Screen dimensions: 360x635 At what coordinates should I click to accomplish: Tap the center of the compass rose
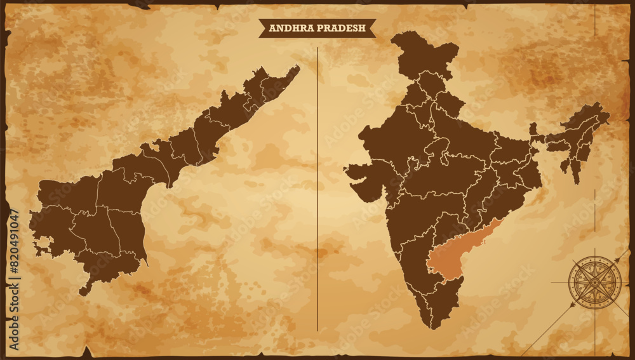(x=594, y=282)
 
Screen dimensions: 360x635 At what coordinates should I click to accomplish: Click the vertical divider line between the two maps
(x=317, y=190)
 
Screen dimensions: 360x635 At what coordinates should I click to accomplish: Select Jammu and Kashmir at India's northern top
(x=422, y=54)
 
